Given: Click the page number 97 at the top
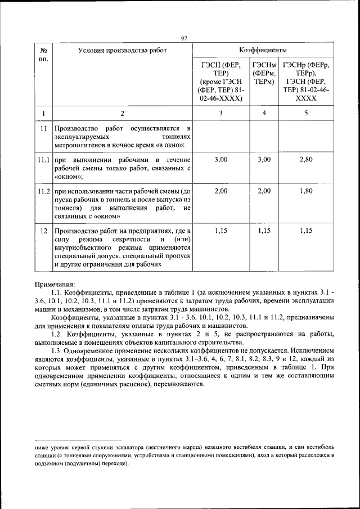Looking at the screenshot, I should click(183, 38).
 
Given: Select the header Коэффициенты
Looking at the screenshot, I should click(263, 50).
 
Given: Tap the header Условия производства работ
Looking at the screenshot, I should click(122, 50).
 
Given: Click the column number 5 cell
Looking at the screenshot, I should click(306, 114).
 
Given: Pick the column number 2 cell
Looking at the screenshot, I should click(122, 114).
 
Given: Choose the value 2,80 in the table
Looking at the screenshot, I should click(306, 160).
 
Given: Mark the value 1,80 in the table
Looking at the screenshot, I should click(306, 191).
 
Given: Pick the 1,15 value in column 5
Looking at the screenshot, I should click(306, 231).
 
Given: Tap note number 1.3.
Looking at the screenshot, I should click(58, 349).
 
